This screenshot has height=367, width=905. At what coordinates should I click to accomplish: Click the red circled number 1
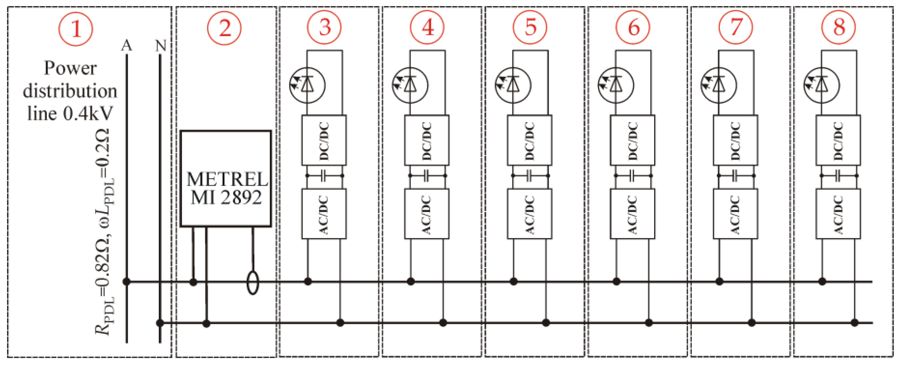click(76, 28)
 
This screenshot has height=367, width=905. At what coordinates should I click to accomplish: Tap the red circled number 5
click(530, 27)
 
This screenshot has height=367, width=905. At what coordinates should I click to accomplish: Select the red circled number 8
click(839, 27)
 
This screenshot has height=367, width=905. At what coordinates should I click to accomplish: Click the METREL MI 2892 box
click(226, 179)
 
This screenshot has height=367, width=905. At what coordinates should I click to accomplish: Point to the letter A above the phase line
click(126, 46)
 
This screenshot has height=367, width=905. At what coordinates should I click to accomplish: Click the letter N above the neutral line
click(160, 46)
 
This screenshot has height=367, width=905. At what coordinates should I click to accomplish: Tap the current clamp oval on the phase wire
click(253, 282)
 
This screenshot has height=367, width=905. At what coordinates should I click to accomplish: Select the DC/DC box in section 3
click(324, 140)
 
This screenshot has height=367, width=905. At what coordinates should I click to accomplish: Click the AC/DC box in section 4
click(426, 214)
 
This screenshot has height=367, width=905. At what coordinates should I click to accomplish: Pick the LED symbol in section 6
click(616, 85)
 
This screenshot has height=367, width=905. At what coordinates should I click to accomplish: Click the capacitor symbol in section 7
click(736, 175)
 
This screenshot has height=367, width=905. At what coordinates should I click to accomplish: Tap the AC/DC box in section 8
click(838, 214)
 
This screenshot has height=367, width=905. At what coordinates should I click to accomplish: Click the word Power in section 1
click(70, 68)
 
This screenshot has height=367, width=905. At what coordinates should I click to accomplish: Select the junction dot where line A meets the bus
click(126, 282)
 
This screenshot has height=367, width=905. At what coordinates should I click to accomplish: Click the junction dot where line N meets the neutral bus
click(160, 323)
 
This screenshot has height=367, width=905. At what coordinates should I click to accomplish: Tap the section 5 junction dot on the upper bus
click(513, 281)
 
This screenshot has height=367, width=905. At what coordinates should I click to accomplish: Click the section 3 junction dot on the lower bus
click(340, 322)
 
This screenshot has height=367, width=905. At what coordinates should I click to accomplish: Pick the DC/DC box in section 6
click(632, 140)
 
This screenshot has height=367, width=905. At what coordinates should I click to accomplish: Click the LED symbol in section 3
click(307, 85)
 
